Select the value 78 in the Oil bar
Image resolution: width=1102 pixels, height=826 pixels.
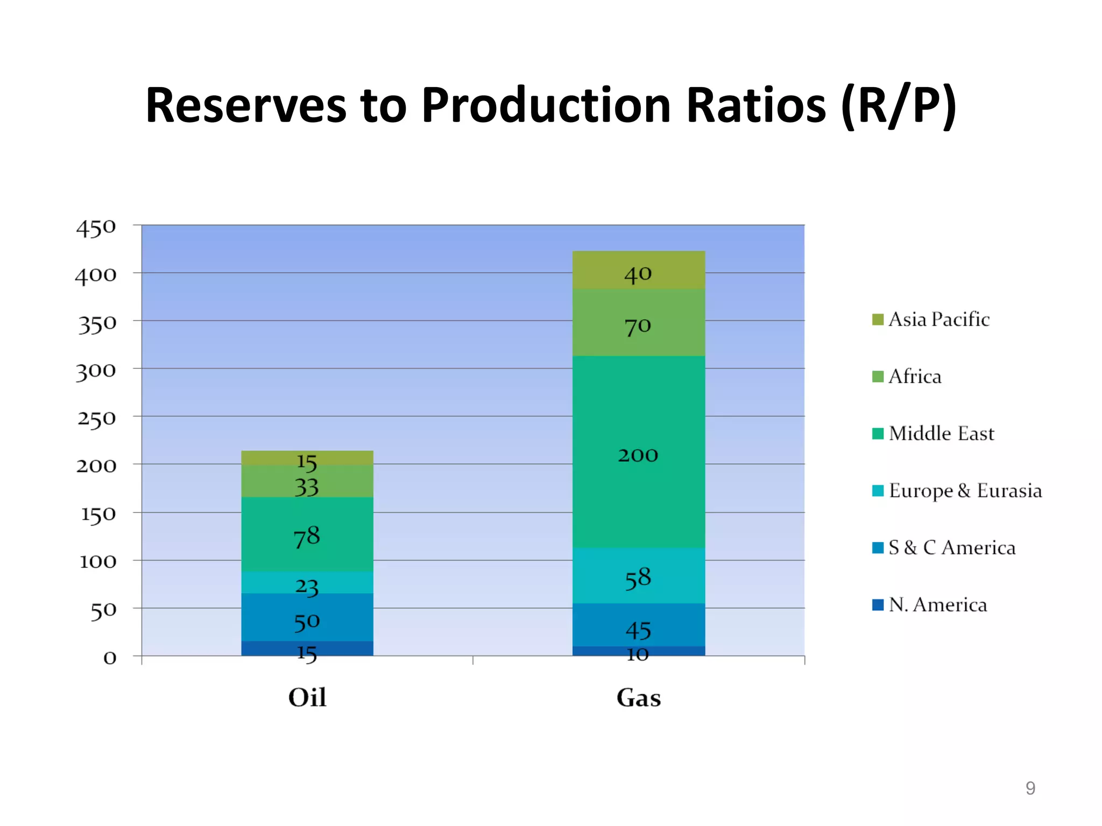(x=307, y=537)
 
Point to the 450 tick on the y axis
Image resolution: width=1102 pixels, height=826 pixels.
(x=96, y=228)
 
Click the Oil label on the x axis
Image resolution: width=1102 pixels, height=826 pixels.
(x=307, y=697)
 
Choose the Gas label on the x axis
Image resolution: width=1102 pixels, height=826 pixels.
(x=638, y=697)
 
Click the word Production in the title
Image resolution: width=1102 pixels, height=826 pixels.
(x=546, y=105)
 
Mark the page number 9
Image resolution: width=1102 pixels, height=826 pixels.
(x=1030, y=788)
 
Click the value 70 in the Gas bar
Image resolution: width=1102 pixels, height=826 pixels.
(x=638, y=326)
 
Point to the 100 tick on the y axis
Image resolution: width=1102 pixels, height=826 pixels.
(x=98, y=561)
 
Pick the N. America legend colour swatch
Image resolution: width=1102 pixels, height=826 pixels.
(x=878, y=605)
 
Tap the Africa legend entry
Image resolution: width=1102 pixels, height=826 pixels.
(x=915, y=376)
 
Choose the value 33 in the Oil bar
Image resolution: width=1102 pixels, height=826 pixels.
(x=307, y=487)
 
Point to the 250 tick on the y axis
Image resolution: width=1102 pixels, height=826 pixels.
(x=97, y=418)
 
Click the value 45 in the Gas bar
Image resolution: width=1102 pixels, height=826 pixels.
(x=638, y=630)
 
